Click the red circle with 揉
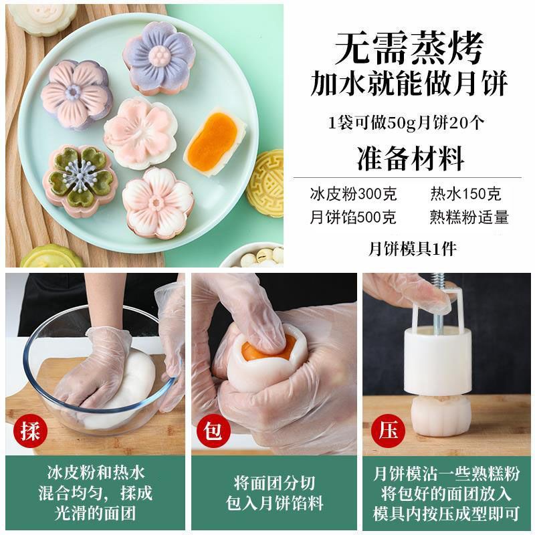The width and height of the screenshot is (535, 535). pyautogui.click(x=30, y=431)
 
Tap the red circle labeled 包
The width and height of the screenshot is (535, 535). pyautogui.click(x=213, y=431)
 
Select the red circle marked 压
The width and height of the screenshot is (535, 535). pyautogui.click(x=388, y=431)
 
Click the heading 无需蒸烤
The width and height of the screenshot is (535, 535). pyautogui.click(x=409, y=48)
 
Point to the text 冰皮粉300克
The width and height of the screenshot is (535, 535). pyautogui.click(x=354, y=194)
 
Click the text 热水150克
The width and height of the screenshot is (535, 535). pyautogui.click(x=465, y=194)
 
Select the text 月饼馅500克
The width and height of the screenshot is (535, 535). pyautogui.click(x=353, y=217)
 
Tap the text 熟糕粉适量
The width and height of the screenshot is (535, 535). pyautogui.click(x=469, y=217)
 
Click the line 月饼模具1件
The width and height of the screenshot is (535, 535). pyautogui.click(x=412, y=249)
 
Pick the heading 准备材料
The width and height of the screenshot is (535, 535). pyautogui.click(x=411, y=158)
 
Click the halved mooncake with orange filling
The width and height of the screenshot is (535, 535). pyautogui.click(x=215, y=140)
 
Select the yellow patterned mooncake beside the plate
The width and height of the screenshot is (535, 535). pyautogui.click(x=266, y=183)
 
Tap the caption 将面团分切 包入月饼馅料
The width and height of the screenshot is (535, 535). pyautogui.click(x=274, y=493)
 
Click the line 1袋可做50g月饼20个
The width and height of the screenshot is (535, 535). pyautogui.click(x=406, y=123)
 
